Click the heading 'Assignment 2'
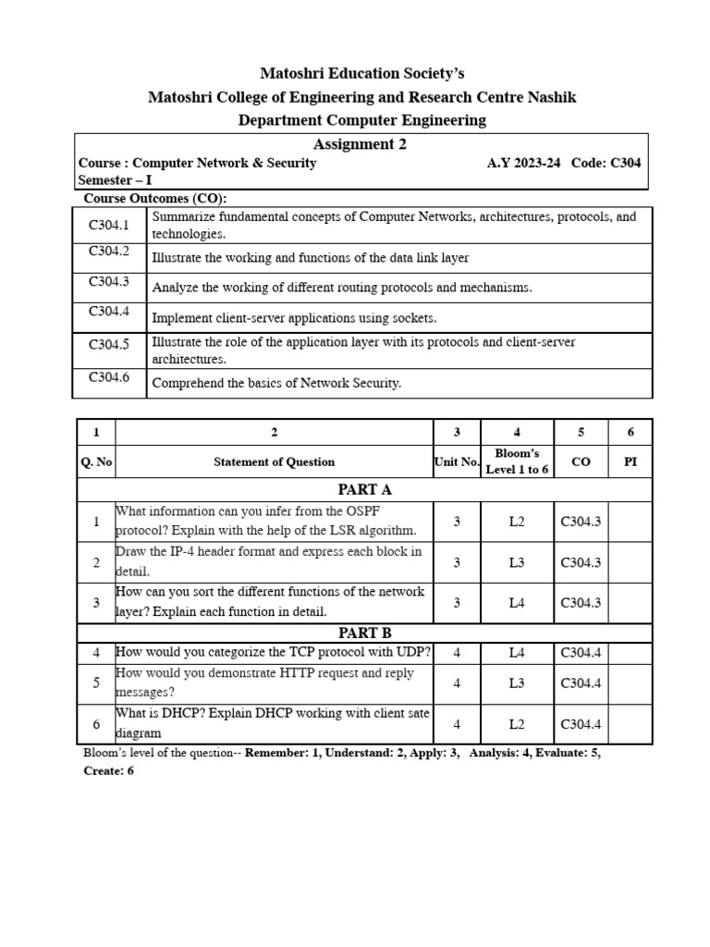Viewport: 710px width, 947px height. click(360, 144)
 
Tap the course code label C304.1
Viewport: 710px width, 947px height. click(109, 224)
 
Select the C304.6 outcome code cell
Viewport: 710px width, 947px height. click(109, 376)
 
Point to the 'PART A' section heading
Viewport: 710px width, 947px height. click(365, 489)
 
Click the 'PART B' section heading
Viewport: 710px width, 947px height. click(365, 633)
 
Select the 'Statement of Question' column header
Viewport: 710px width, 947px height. click(274, 461)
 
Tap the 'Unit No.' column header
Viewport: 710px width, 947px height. click(457, 461)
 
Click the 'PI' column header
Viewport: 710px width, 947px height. click(630, 461)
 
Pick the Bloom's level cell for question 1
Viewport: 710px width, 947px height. click(517, 522)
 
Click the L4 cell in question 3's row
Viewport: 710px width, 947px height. click(517, 603)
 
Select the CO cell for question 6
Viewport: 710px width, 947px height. click(581, 724)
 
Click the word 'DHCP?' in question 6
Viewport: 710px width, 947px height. click(168, 714)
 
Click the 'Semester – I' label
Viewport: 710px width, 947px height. click(116, 180)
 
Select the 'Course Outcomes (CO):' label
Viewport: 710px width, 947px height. click(155, 198)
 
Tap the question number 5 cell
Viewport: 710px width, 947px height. click(96, 683)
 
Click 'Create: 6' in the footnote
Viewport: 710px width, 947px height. click(109, 770)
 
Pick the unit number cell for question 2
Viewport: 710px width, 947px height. click(457, 562)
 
